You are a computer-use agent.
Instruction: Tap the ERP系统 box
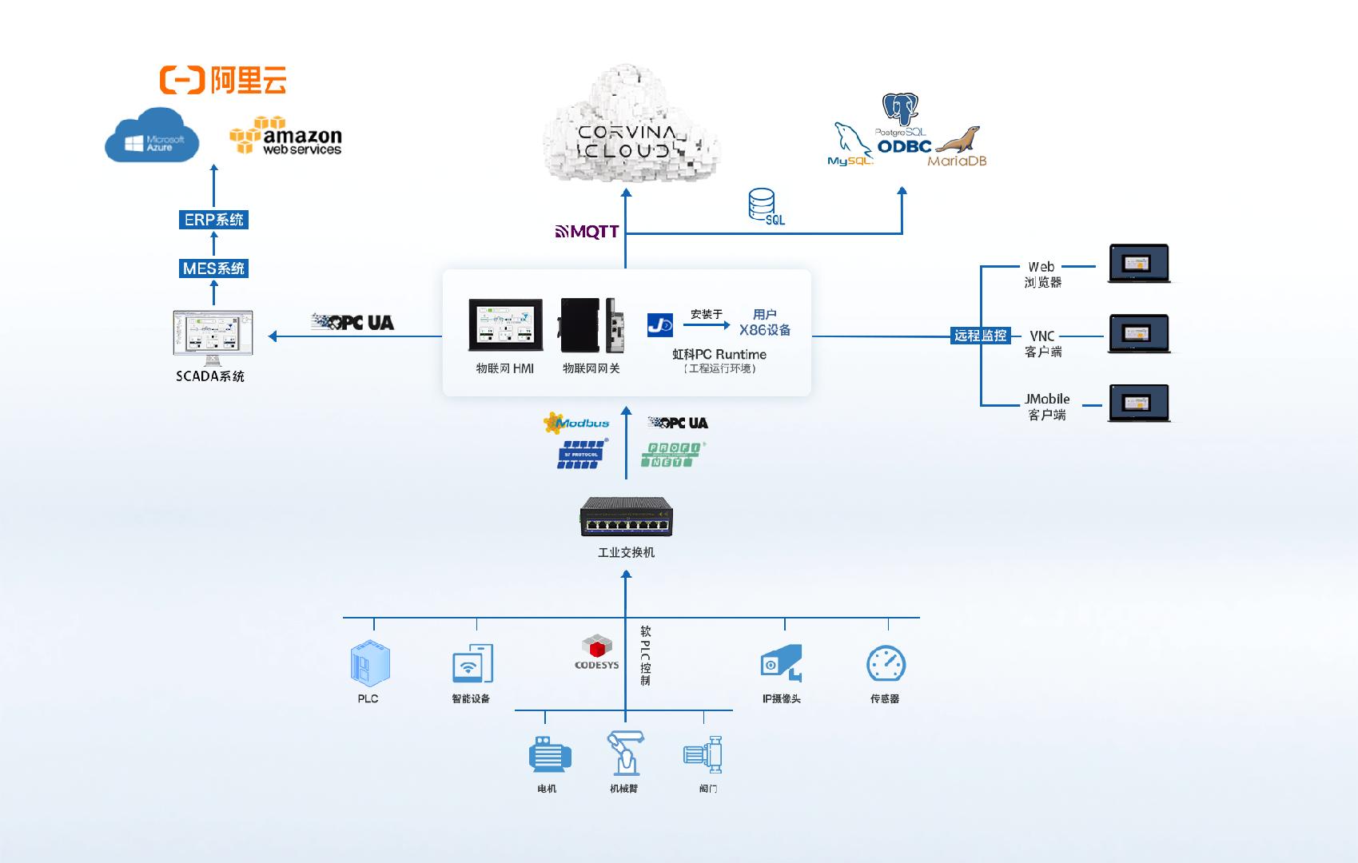(213, 219)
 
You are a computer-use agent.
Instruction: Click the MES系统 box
(213, 268)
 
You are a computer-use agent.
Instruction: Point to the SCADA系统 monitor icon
(213, 334)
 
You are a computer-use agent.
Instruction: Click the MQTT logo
(587, 232)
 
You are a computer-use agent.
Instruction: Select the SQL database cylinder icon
(762, 205)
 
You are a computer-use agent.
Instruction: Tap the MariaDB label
(957, 161)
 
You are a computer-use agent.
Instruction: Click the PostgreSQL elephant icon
(900, 110)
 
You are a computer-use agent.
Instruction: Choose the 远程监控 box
(980, 336)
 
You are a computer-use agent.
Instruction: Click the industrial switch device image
(626, 516)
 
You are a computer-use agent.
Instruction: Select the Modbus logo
(576, 423)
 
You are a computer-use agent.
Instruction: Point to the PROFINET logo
(671, 455)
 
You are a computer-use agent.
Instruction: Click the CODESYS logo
(596, 652)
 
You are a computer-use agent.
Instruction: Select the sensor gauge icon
(886, 664)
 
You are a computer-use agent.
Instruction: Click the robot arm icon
(625, 753)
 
